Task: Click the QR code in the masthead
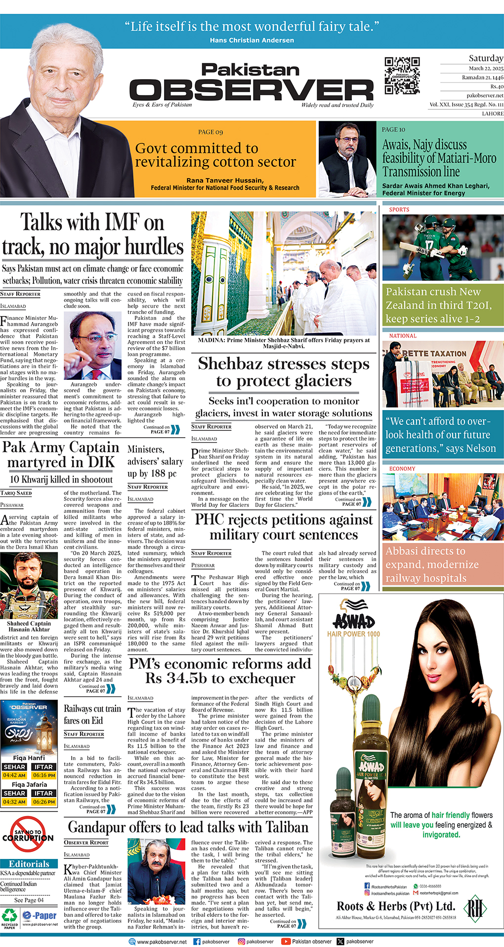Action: [402, 76]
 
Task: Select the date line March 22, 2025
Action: [486, 69]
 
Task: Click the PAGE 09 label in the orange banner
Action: [210, 132]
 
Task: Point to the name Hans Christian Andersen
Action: [252, 41]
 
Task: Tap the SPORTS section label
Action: [399, 210]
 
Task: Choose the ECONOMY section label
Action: [403, 468]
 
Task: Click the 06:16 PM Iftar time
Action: [43, 775]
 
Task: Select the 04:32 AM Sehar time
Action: [14, 802]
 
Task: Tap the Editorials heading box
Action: [29, 864]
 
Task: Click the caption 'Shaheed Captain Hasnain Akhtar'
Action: [29, 627]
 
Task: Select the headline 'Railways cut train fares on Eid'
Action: [92, 715]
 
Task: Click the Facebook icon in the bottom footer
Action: [197, 942]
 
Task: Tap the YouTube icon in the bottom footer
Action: [285, 942]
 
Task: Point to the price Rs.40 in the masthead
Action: [497, 86]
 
